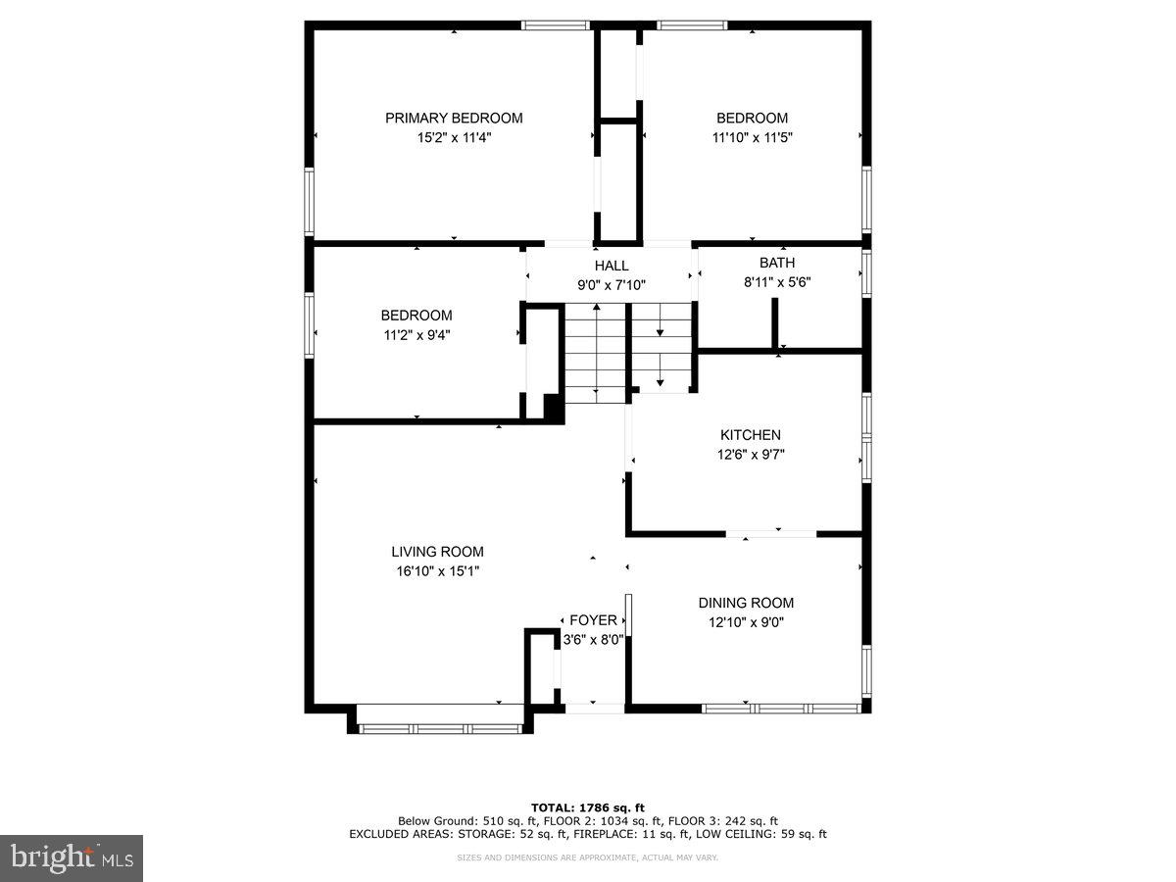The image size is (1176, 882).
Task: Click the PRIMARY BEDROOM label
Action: (454, 118)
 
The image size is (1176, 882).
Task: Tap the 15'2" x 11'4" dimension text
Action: (454, 138)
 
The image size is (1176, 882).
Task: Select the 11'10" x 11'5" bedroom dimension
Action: (752, 138)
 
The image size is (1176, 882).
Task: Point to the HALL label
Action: (612, 266)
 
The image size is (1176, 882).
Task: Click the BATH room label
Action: (777, 263)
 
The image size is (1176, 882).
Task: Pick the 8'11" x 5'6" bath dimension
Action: (777, 282)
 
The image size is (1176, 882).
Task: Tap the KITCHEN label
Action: (751, 435)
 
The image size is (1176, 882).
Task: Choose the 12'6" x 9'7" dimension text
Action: (751, 455)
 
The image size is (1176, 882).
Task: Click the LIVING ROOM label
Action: (437, 552)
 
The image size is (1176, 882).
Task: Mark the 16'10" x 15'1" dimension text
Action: (437, 571)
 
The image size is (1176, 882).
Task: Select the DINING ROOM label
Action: (746, 603)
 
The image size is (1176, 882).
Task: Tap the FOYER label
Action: (594, 620)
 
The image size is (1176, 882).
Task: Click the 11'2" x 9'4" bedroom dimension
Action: (416, 334)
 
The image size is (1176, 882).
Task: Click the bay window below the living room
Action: (441, 728)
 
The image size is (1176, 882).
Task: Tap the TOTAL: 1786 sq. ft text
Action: (588, 808)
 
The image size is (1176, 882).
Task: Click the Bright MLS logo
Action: (72, 858)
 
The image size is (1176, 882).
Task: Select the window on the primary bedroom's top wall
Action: (555, 25)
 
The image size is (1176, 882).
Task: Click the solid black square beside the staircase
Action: (553, 409)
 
